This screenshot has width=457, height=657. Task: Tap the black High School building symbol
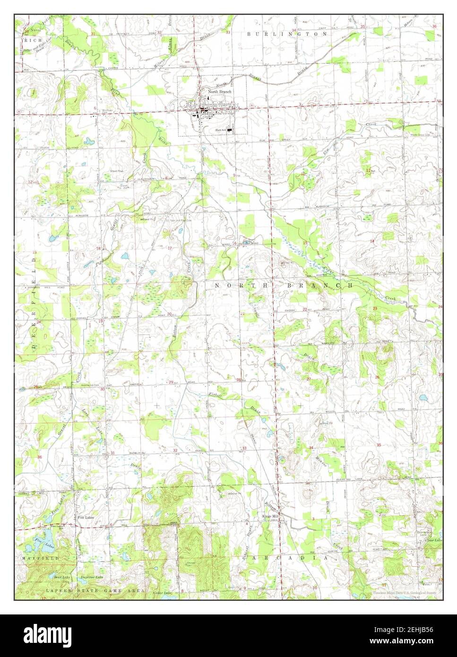pos(230,129)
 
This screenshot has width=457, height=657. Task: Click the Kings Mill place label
pos(271,517)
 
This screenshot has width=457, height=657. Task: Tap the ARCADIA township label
pos(290,558)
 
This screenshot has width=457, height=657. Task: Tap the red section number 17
pos(169,248)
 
